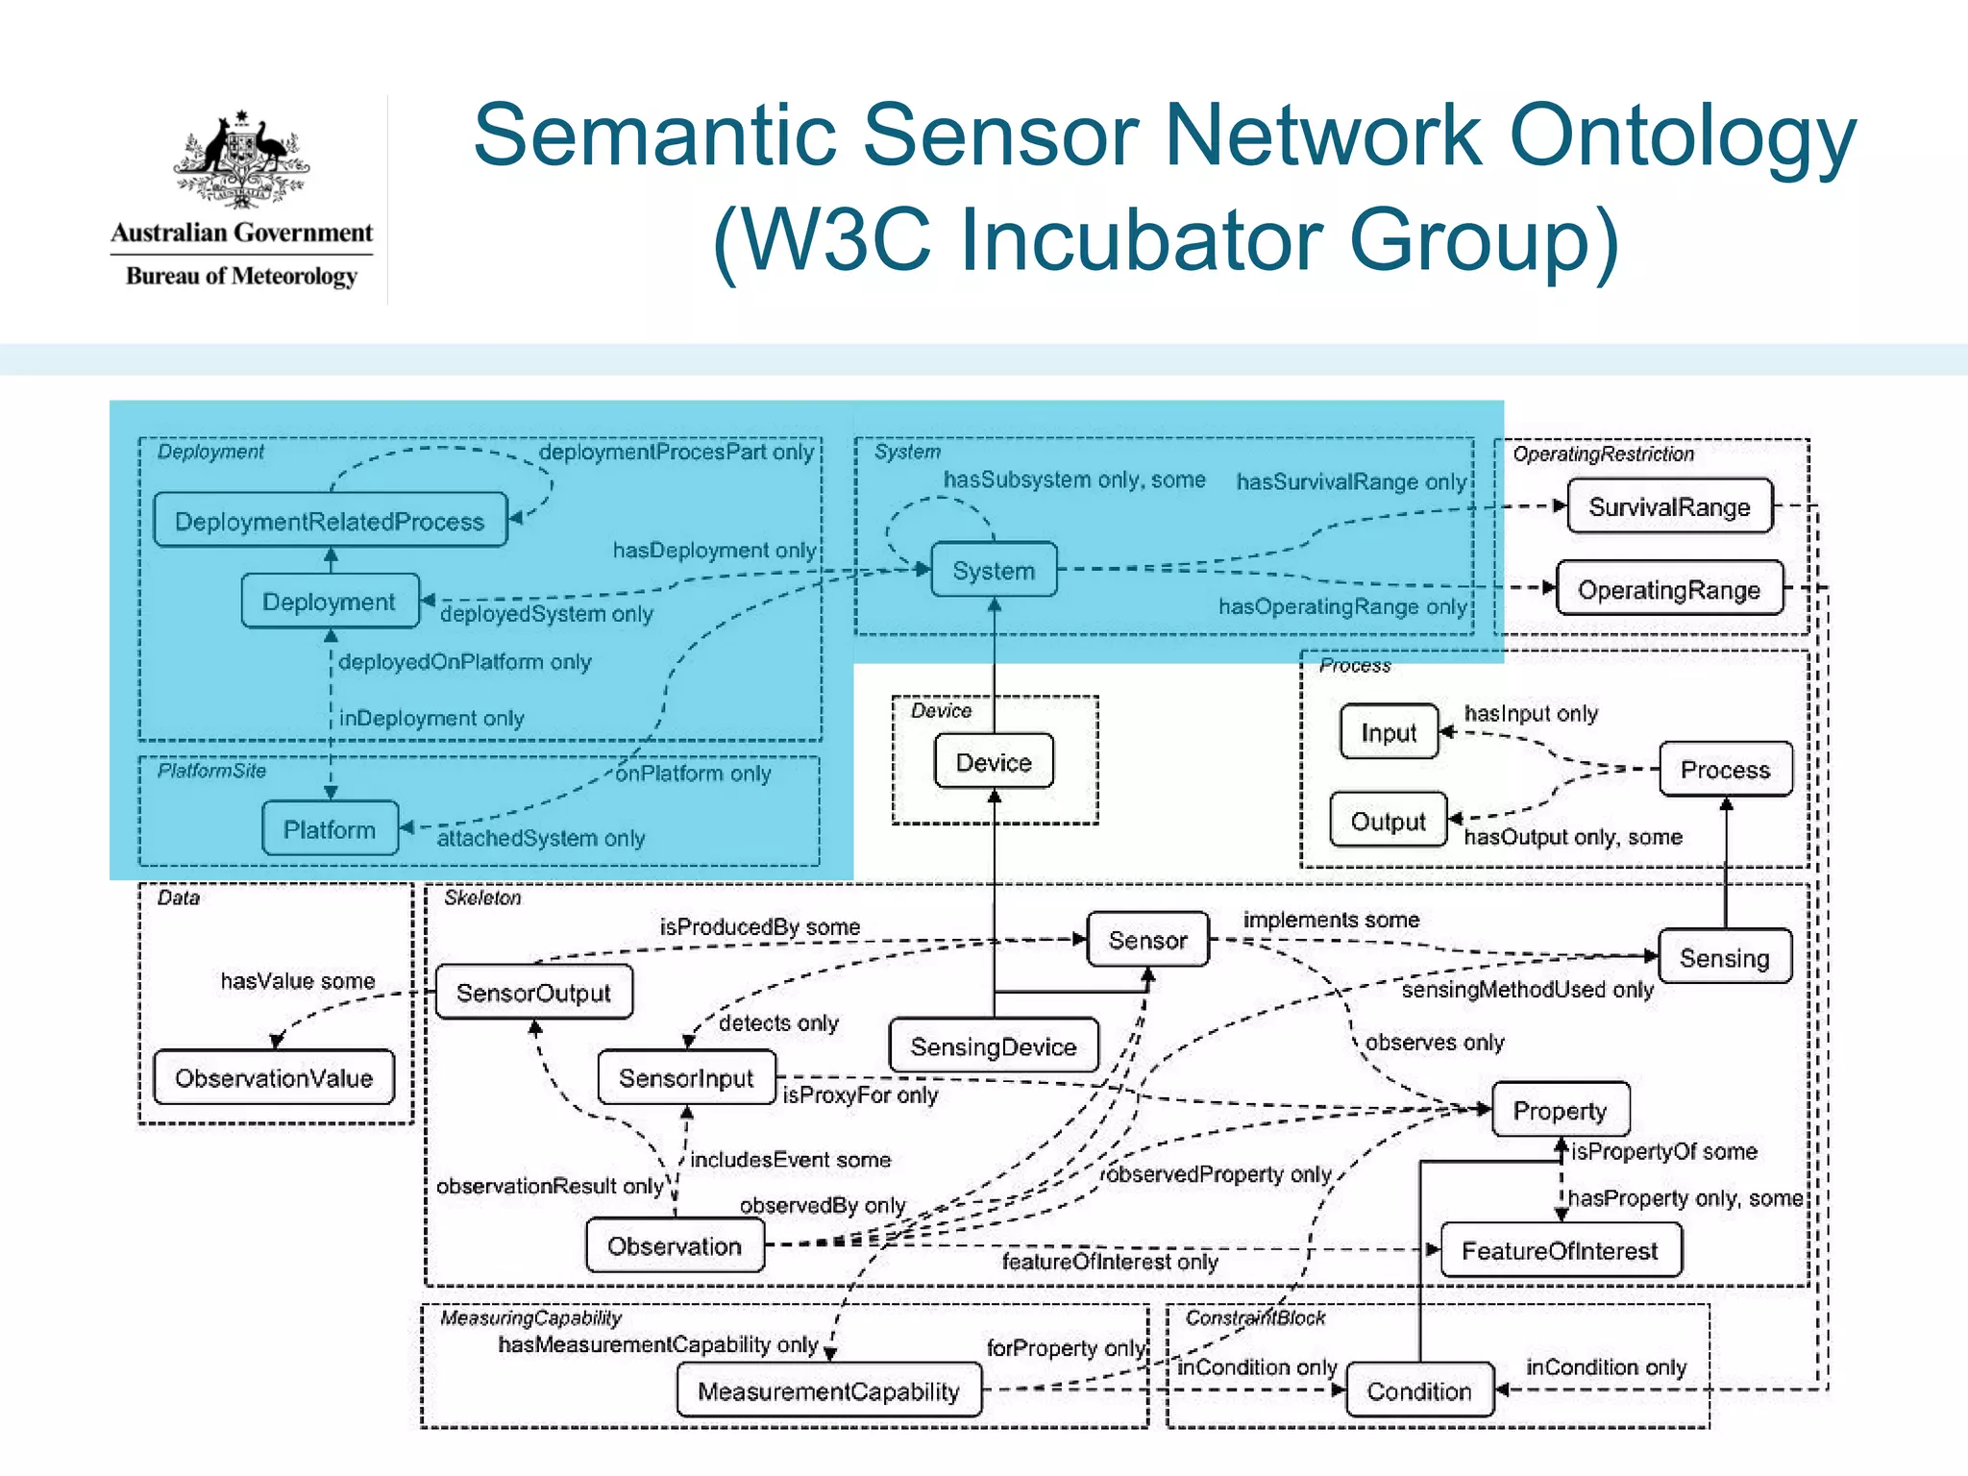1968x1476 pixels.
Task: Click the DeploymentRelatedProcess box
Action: click(x=330, y=521)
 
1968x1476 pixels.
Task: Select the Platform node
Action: click(x=330, y=829)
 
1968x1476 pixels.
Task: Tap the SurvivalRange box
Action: click(x=1669, y=506)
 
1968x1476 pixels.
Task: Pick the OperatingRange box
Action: click(x=1669, y=589)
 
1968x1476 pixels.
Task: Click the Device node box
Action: click(x=994, y=762)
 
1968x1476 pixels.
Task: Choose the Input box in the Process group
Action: click(x=1389, y=732)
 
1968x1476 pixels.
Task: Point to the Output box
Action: click(x=1388, y=821)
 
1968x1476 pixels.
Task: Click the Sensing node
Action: click(x=1724, y=957)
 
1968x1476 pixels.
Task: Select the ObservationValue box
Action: click(x=274, y=1077)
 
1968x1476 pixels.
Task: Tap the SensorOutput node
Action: click(x=533, y=993)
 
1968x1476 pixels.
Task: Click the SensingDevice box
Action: click(x=994, y=1046)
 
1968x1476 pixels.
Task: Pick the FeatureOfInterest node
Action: click(x=1560, y=1250)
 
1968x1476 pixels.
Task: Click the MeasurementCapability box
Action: click(x=828, y=1390)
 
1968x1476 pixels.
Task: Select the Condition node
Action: click(x=1419, y=1390)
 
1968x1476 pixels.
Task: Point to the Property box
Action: click(x=1560, y=1110)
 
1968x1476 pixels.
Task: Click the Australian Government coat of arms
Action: click(x=241, y=160)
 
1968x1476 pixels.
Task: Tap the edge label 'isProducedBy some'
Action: click(x=759, y=926)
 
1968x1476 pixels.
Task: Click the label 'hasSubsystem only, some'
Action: click(x=1073, y=479)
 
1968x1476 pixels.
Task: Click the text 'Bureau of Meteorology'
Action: click(x=241, y=276)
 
